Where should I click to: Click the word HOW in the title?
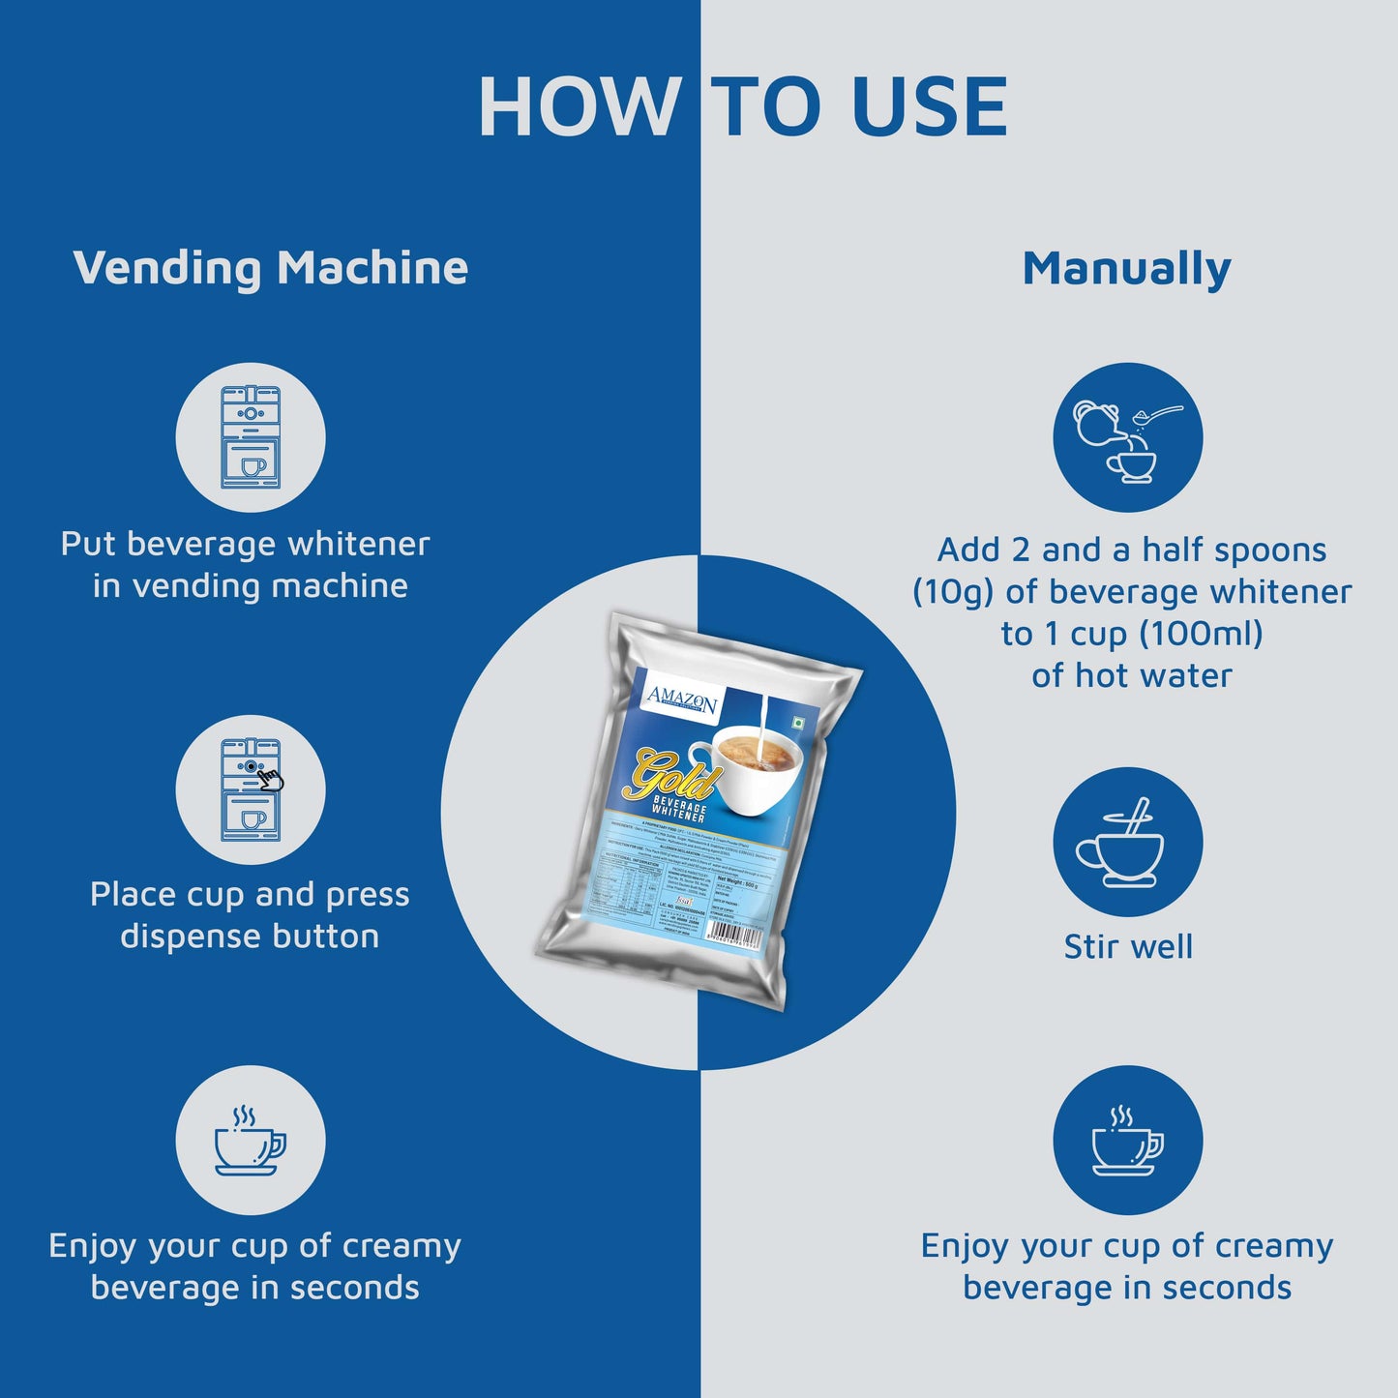pos(579,106)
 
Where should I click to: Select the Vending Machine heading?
pos(271,268)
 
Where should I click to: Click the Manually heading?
pos(1126,269)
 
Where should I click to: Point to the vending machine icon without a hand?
pos(251,437)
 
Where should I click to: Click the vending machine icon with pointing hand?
pos(251,789)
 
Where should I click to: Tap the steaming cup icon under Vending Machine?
pos(251,1141)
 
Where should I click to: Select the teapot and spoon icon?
pos(1127,437)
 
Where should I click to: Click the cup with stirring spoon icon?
pos(1127,842)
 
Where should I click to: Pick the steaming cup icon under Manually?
pos(1127,1141)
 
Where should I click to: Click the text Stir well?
pos(1128,946)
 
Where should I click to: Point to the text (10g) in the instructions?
pos(953,592)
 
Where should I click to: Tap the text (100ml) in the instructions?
pos(1201,634)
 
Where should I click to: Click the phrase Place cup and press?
pos(250,894)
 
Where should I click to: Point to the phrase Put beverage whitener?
pos(245,544)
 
